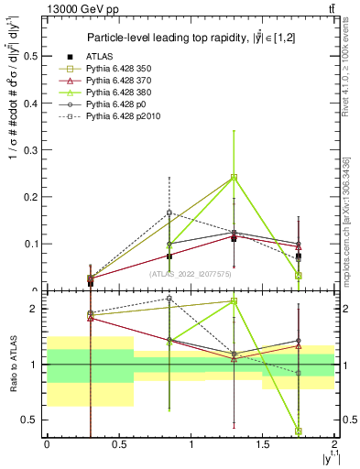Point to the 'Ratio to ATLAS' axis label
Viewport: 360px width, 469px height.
[x=12, y=364]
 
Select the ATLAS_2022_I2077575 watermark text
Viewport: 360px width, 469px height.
[x=191, y=273]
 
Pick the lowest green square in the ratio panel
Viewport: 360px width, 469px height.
[x=299, y=431]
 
